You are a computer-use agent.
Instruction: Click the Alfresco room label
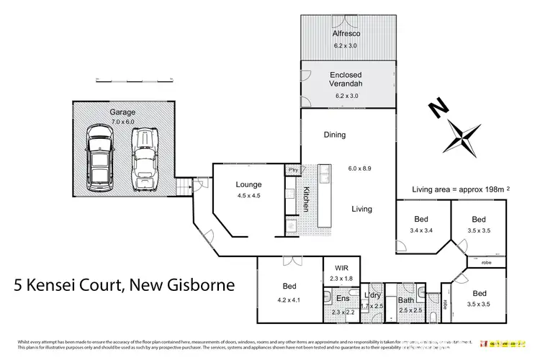pyautogui.click(x=348, y=33)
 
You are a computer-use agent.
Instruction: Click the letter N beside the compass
pyautogui.click(x=436, y=109)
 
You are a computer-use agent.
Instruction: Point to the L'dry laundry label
pyautogui.click(x=373, y=296)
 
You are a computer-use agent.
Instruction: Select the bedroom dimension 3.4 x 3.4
pyautogui.click(x=421, y=232)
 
